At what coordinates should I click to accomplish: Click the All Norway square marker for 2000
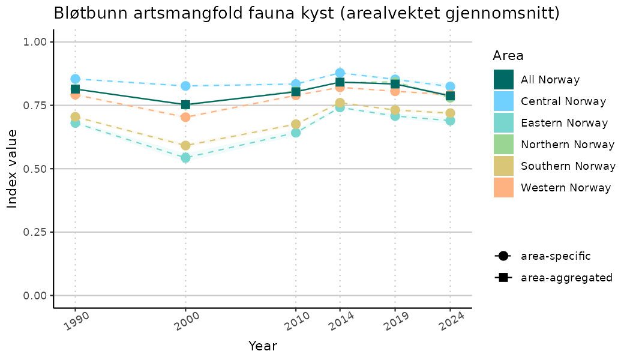point(185,105)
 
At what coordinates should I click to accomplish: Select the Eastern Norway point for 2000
point(185,158)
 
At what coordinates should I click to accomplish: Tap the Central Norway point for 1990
point(75,79)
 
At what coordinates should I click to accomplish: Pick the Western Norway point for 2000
point(185,117)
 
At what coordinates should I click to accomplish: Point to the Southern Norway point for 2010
point(296,124)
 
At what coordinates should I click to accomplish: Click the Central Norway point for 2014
point(340,73)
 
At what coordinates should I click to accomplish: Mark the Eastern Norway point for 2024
point(450,121)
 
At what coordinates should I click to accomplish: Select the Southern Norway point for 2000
point(185,145)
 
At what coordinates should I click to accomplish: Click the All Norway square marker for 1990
point(75,89)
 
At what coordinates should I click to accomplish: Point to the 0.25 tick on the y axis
point(35,232)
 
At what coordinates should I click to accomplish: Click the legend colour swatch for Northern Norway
point(503,145)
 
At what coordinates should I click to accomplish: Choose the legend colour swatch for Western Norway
point(503,188)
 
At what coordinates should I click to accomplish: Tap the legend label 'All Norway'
point(550,80)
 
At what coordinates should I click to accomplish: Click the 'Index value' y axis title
point(13,169)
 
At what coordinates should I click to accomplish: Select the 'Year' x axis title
point(263,346)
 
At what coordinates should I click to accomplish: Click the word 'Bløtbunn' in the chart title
point(85,13)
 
